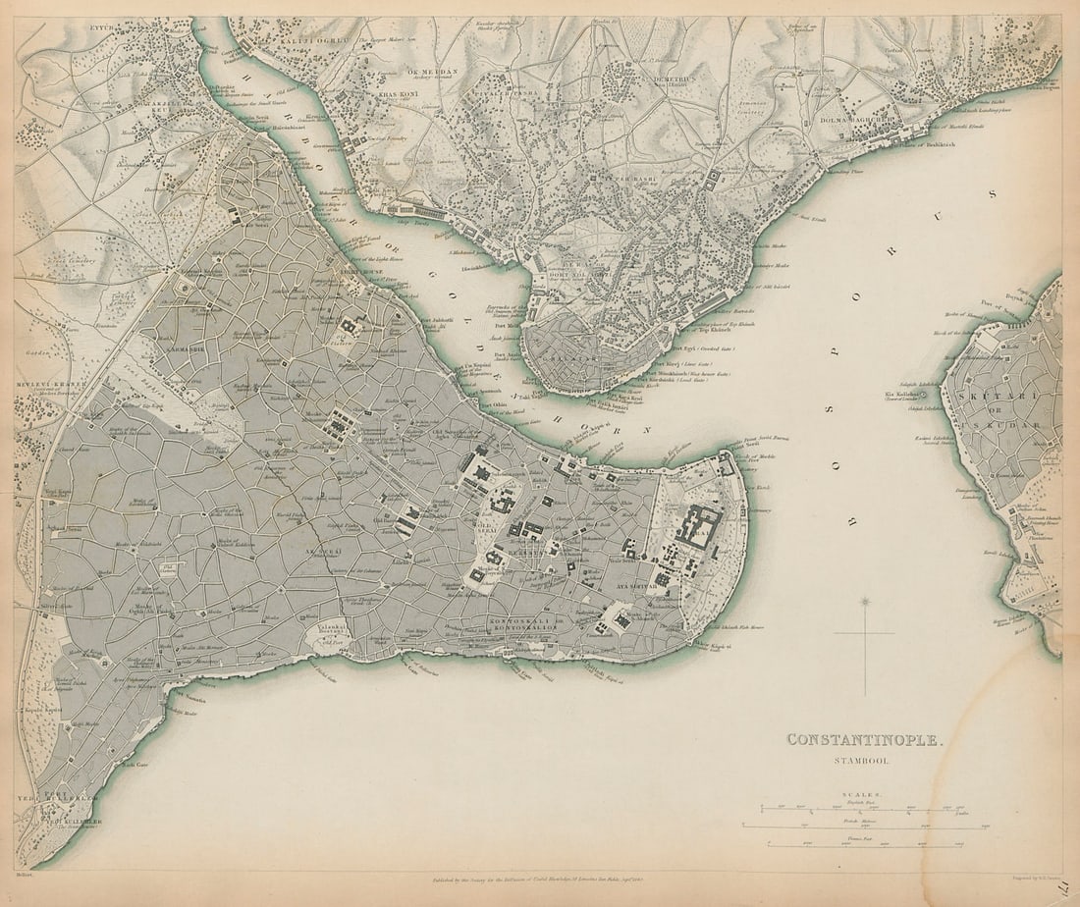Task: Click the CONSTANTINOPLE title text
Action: point(864,739)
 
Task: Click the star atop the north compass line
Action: point(865,600)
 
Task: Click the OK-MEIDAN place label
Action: point(428,72)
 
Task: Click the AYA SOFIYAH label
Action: point(634,586)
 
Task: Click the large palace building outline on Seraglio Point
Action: point(700,527)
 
